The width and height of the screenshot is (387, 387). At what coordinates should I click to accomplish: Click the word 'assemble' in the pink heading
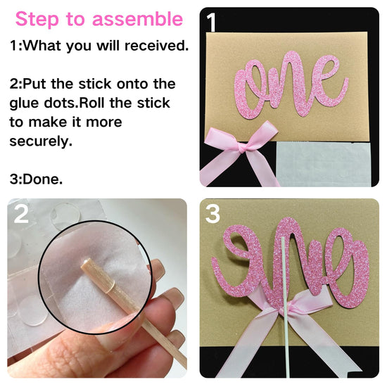pos(137,19)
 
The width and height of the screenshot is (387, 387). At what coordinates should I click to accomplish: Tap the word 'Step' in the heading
pos(37,20)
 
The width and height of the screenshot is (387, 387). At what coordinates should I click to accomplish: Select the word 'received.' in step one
pos(157,46)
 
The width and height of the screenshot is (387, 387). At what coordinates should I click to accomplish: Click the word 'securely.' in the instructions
pos(41,141)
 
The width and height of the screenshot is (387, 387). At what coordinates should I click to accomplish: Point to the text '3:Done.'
pos(36,179)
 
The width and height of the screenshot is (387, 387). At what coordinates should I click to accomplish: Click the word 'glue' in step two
pos(24,103)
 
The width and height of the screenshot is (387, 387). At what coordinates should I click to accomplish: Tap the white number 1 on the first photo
pos(211,23)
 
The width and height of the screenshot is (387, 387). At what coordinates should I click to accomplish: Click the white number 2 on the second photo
pos(21,214)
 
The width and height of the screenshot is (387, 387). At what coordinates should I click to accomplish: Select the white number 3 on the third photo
pos(212,214)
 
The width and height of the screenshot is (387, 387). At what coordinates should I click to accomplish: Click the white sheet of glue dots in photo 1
pos(324,164)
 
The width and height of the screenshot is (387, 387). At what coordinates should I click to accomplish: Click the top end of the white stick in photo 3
pos(283,239)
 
